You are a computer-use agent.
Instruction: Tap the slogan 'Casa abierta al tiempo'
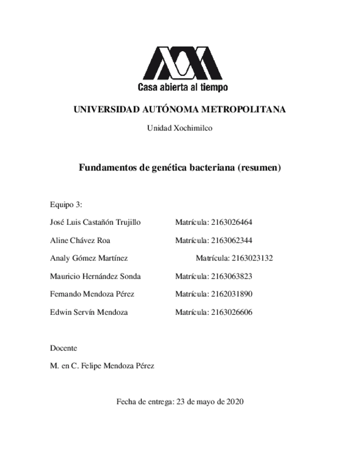182,87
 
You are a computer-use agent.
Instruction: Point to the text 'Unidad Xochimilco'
180,128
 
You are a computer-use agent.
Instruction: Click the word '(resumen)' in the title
259,168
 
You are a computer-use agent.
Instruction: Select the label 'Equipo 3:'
66,204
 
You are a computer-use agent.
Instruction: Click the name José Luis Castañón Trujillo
95,223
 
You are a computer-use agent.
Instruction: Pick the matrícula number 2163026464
231,223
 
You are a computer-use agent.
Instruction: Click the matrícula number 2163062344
231,240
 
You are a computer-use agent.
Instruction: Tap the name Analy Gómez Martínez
88,258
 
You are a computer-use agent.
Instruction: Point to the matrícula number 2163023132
252,258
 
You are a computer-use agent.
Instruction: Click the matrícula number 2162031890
231,294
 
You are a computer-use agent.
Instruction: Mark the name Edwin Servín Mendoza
88,312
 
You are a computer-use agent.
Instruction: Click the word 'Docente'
63,348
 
